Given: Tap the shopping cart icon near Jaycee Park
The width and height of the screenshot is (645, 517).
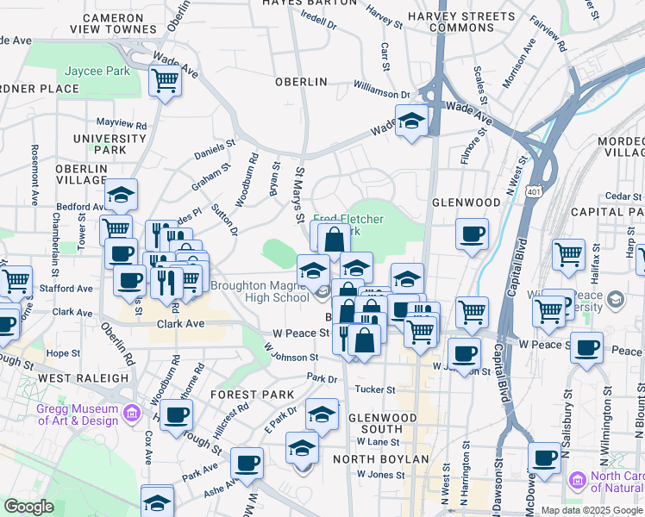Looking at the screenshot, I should pyautogui.click(x=164, y=81).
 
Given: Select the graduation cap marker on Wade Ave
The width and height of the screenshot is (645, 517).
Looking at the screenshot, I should pyautogui.click(x=412, y=120).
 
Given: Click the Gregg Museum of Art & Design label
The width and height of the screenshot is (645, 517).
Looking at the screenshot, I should pyautogui.click(x=77, y=414).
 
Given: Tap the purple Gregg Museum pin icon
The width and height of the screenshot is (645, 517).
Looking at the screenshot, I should pyautogui.click(x=130, y=414).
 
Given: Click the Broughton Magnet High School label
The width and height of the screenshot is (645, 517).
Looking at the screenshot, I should pyautogui.click(x=260, y=291).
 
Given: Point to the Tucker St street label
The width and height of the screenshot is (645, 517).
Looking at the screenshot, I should pyautogui.click(x=374, y=389).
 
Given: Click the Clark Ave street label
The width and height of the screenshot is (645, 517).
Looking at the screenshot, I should pyautogui.click(x=180, y=325).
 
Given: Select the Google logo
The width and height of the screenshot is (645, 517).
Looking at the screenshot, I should pyautogui.click(x=28, y=507).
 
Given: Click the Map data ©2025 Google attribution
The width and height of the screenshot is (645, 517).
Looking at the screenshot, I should pyautogui.click(x=591, y=510).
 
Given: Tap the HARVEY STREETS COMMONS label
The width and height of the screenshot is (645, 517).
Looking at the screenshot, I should pyautogui.click(x=449, y=22).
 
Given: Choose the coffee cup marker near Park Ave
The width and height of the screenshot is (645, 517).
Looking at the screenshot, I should pyautogui.click(x=247, y=462).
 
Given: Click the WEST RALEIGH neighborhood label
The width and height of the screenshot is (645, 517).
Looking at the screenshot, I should pyautogui.click(x=83, y=378).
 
